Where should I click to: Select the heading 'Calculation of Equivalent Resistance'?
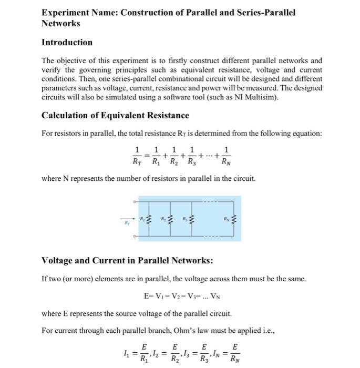pyautogui.click(x=115, y=115)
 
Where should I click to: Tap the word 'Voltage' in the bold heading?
pyautogui.click(x=57, y=261)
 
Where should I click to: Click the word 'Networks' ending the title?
pyautogui.click(x=61, y=24)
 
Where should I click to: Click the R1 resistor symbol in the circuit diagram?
pyautogui.click(x=148, y=219)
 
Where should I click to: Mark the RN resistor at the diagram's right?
pyautogui.click(x=234, y=219)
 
